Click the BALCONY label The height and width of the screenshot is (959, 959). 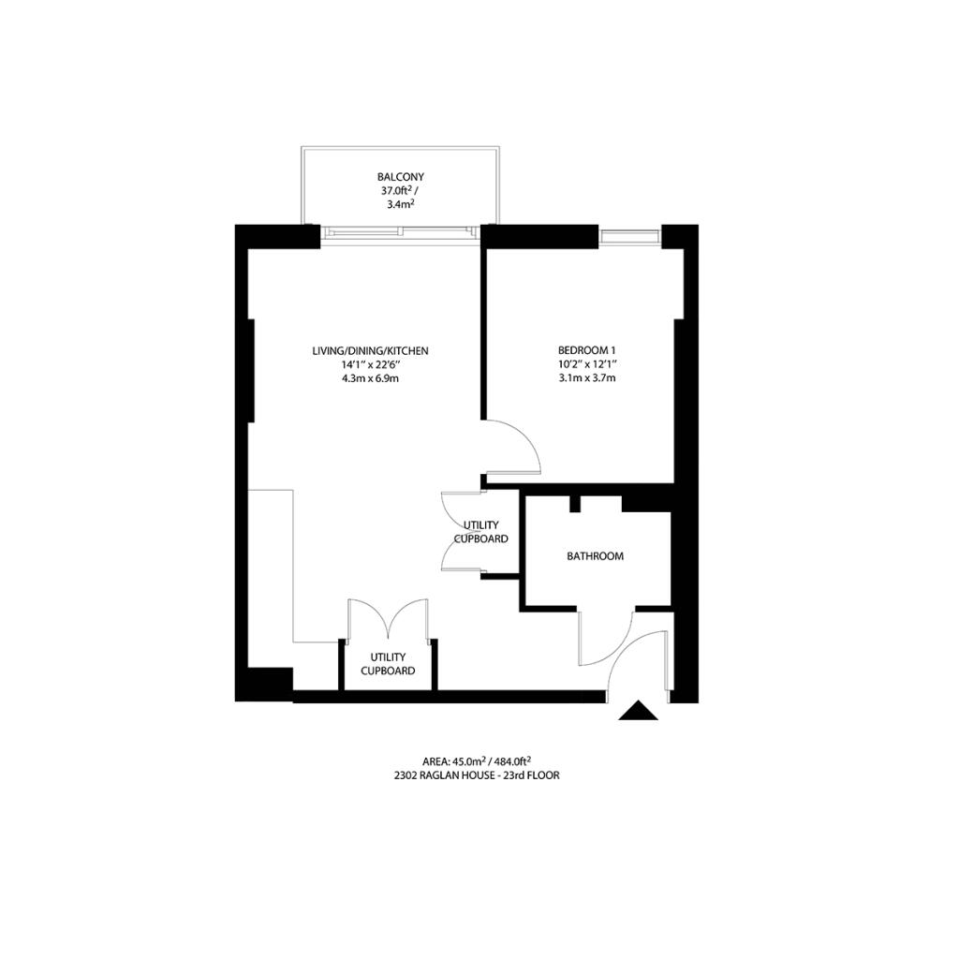click(x=401, y=176)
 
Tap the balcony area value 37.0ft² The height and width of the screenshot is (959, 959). click(x=396, y=192)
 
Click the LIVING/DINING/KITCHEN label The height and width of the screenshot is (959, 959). click(x=371, y=350)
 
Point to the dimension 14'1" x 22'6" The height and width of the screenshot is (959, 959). click(x=371, y=364)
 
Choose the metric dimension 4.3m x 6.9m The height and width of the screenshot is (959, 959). click(x=371, y=378)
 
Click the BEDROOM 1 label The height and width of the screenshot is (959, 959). click(x=587, y=350)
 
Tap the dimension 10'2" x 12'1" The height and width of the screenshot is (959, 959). click(x=587, y=364)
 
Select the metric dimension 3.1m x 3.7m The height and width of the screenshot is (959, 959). click(x=587, y=378)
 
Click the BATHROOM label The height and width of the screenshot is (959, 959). click(x=595, y=556)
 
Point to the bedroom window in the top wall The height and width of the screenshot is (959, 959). click(x=629, y=236)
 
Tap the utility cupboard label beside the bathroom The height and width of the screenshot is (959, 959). click(x=481, y=532)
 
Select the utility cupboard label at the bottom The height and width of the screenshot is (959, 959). click(x=388, y=664)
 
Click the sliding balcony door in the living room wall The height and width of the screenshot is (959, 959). click(x=401, y=231)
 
